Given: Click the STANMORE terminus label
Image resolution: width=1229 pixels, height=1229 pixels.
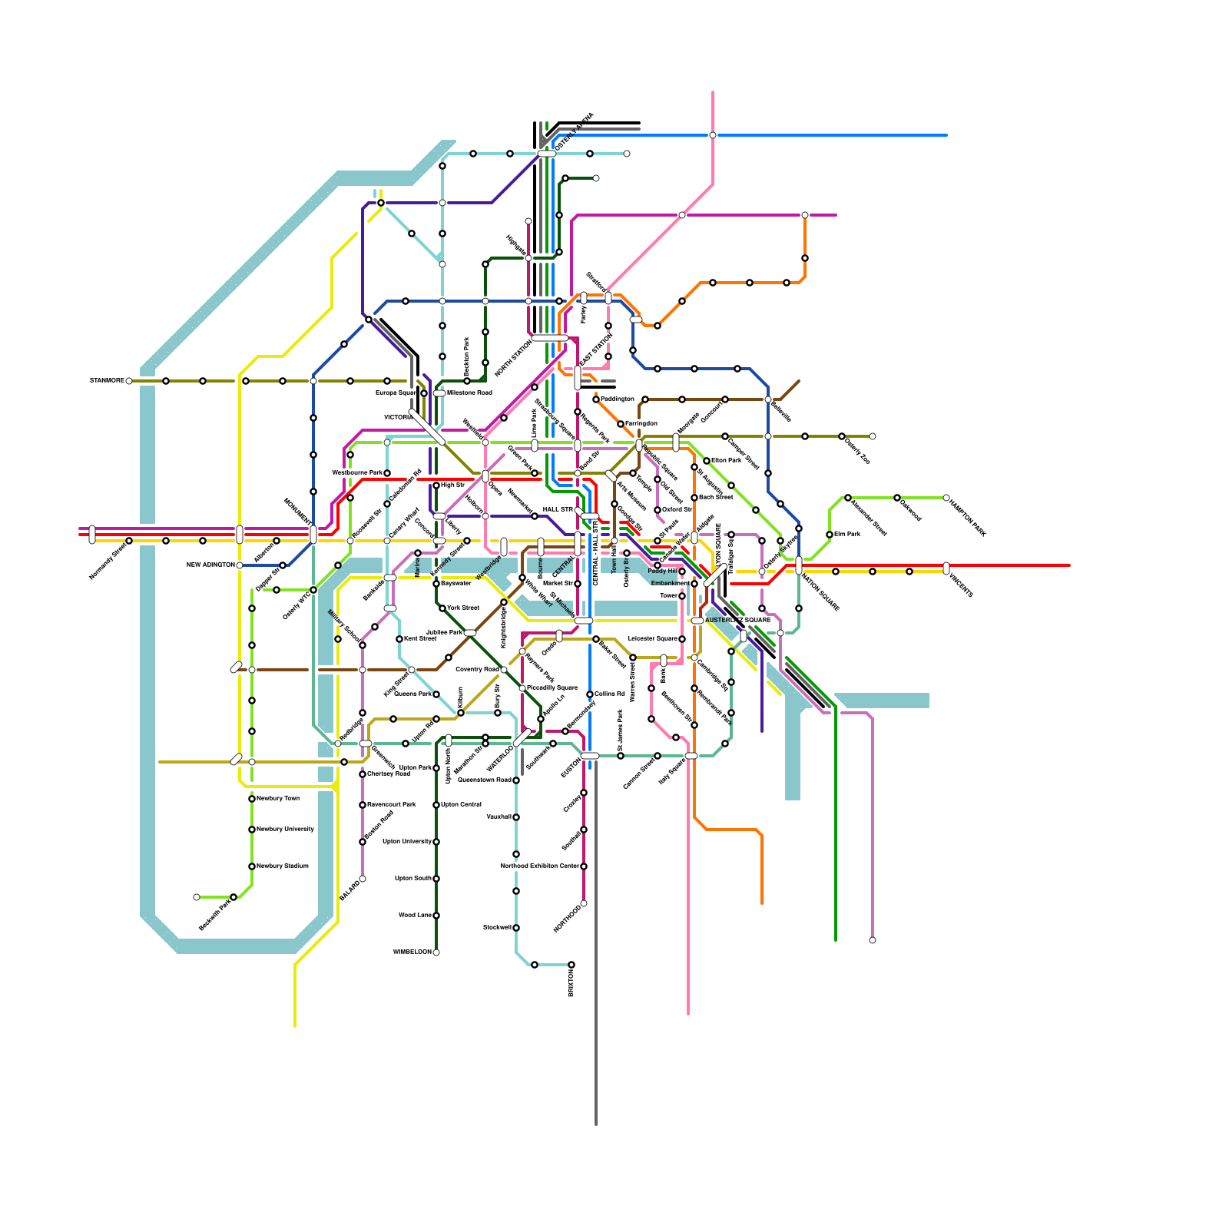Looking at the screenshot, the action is click(107, 380).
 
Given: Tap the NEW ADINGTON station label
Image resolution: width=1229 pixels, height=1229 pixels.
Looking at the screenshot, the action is click(210, 565).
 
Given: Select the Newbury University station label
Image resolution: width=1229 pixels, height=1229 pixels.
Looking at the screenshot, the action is click(285, 829).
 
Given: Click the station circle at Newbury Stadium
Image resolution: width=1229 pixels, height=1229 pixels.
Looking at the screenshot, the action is click(252, 866).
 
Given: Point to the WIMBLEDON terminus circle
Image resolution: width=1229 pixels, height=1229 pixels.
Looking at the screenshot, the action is click(436, 952).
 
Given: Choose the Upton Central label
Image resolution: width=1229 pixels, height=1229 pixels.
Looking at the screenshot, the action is click(462, 804).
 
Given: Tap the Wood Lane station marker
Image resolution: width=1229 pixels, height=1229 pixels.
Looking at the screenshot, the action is click(436, 916).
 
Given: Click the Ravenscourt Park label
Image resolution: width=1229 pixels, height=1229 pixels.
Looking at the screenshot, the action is click(391, 804).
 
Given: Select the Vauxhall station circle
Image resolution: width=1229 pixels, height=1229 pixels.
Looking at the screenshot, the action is click(516, 817).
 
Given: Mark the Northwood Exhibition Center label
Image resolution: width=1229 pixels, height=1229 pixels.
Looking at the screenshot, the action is click(540, 866).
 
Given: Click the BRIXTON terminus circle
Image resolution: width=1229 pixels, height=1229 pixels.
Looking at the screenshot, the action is click(571, 965).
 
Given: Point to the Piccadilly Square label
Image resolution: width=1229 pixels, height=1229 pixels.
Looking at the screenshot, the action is click(552, 687).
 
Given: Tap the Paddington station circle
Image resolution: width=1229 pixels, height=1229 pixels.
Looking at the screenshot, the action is click(596, 399).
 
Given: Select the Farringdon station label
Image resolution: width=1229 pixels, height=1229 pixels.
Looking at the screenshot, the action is click(641, 423).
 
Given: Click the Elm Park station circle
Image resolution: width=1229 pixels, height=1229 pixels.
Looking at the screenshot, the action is click(830, 535).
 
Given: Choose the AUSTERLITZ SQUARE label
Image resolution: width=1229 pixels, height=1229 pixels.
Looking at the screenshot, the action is click(737, 620).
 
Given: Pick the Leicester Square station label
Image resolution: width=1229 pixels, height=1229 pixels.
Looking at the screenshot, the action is click(652, 638).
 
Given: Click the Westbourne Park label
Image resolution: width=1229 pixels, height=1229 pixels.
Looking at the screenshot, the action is click(356, 472).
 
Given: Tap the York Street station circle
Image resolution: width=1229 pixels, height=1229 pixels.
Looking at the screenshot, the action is click(442, 608).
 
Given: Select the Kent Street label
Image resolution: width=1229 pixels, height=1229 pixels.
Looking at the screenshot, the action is click(420, 638).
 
